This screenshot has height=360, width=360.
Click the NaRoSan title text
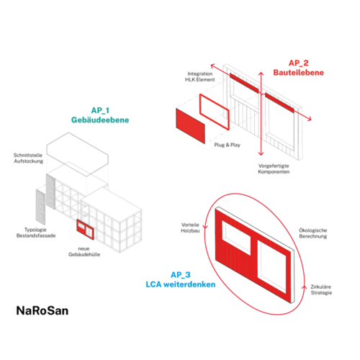(42, 310)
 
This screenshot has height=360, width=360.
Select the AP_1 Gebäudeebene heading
(100, 115)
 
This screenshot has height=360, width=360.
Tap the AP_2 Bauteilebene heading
(299, 68)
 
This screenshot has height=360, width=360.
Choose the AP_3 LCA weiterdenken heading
(181, 279)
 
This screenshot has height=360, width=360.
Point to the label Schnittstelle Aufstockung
(28, 158)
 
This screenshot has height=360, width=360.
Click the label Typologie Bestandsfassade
(36, 233)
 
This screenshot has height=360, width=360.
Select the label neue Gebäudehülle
(84, 251)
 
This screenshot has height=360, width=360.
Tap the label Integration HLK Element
(200, 76)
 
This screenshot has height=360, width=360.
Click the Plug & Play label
(228, 145)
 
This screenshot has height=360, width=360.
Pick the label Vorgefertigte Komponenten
(274, 168)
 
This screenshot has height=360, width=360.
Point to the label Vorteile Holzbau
(190, 228)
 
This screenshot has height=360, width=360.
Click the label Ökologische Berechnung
(313, 233)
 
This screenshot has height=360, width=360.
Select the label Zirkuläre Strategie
(321, 289)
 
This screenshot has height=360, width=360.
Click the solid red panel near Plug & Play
(191, 126)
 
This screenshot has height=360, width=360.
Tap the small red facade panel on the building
(86, 230)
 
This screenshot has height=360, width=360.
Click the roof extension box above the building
(77, 154)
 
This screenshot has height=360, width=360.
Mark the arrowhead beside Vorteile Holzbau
(205, 227)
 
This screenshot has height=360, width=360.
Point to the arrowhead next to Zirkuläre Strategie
(305, 287)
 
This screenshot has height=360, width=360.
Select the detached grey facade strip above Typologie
(40, 207)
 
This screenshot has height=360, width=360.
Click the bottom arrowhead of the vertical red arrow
(261, 153)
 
